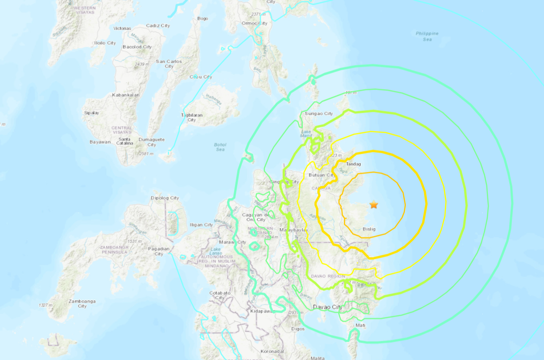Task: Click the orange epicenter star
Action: click(374, 205)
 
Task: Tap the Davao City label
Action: click(328, 307)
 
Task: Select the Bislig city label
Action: click(369, 229)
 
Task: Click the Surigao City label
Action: click(319, 114)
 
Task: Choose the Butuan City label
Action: click(321, 175)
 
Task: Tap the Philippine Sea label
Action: click(427, 36)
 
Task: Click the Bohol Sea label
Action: click(220, 147)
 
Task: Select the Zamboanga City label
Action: click(82, 303)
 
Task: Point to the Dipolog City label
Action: click(165, 198)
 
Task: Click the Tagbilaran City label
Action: click(191, 117)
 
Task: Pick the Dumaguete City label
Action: click(152, 142)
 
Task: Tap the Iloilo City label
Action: click(105, 43)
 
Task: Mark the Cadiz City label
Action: click(158, 26)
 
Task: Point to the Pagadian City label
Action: click(159, 250)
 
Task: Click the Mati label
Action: click(360, 325)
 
